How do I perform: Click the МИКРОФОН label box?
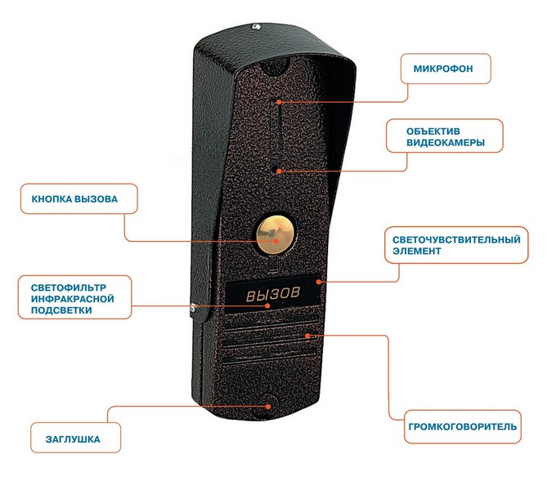(x=446, y=69)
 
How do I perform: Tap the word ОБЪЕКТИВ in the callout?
(x=433, y=131)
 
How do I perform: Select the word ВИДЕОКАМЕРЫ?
(x=446, y=143)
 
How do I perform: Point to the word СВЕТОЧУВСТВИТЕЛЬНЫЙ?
(x=456, y=240)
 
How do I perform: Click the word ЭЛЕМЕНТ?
(x=416, y=251)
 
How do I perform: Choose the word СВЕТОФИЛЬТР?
(x=69, y=287)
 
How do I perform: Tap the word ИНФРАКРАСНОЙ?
(x=73, y=299)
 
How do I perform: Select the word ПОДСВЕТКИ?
(x=61, y=310)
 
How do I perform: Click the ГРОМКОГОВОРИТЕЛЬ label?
(x=463, y=426)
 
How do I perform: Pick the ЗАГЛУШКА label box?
(x=76, y=438)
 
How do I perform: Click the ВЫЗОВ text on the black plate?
(x=273, y=294)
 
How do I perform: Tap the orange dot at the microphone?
(x=279, y=102)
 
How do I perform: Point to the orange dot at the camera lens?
(x=278, y=171)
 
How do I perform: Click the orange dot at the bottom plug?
(x=268, y=407)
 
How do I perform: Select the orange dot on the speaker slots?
(x=307, y=336)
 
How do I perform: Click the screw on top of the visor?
(x=257, y=26)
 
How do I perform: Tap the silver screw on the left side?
(x=193, y=307)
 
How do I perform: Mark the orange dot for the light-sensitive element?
(x=319, y=281)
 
